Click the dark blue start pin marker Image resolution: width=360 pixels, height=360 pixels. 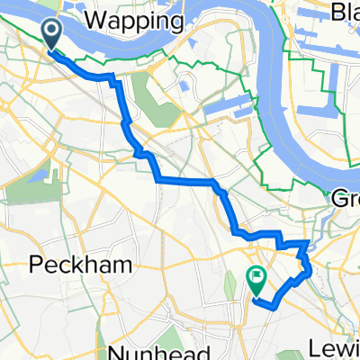[52, 36]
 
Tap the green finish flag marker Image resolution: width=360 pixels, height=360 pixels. [256, 279]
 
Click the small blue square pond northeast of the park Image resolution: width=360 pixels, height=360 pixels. [184, 85]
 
